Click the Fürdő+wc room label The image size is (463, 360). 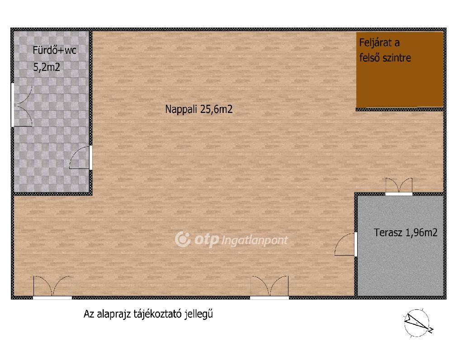[x=54, y=50]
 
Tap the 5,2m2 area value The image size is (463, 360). [x=47, y=67]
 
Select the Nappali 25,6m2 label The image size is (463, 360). [x=199, y=109]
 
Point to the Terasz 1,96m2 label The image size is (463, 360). [x=406, y=233]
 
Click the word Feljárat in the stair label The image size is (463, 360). [x=379, y=43]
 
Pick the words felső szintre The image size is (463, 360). [x=385, y=57]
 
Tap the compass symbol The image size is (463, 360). [x=417, y=323]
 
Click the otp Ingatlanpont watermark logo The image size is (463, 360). [x=231, y=239]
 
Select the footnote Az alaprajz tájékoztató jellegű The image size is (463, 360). [x=148, y=314]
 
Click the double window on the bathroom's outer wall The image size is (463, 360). [x=21, y=105]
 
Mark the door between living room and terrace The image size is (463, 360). [x=346, y=244]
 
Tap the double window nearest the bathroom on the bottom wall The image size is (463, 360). [x=52, y=287]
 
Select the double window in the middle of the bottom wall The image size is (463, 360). [x=269, y=287]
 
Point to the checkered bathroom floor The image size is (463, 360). [x=51, y=133]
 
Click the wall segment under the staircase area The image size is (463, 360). [x=400, y=109]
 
